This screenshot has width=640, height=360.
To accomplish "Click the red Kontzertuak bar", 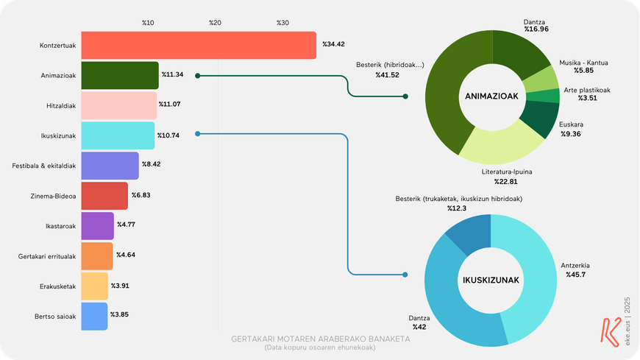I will tap(198, 46).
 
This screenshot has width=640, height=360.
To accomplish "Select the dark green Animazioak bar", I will tap(119, 75).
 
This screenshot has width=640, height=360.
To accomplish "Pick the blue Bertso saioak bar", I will tap(94, 315).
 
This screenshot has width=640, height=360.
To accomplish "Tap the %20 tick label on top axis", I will tap(215, 22).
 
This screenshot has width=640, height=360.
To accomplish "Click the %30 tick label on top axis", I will tap(282, 22).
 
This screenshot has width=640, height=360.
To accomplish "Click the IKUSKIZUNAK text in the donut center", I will tap(491, 280).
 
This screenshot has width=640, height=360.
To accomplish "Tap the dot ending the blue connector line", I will tap(405, 276).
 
